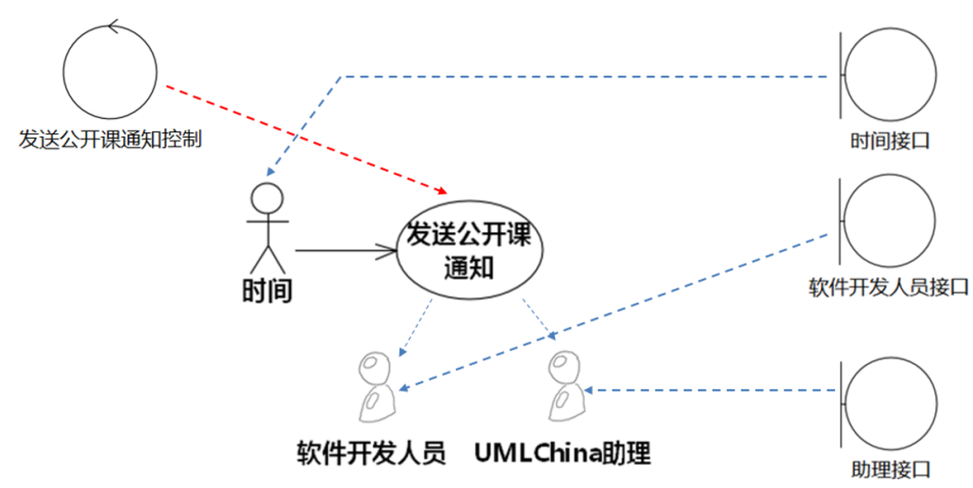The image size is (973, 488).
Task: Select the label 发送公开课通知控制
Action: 109,140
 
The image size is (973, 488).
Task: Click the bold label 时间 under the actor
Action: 268,291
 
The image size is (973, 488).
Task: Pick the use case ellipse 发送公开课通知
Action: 468,251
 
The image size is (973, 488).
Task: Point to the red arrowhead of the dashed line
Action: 442,190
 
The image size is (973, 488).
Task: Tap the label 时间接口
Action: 889,141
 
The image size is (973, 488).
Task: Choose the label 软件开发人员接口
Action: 889,287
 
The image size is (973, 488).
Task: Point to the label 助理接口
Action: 889,470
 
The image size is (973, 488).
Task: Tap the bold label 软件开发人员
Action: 372,453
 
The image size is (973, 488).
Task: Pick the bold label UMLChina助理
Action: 562,453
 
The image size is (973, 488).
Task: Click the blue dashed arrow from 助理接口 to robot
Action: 712,391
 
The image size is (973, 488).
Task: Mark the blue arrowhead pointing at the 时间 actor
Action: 268,172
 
